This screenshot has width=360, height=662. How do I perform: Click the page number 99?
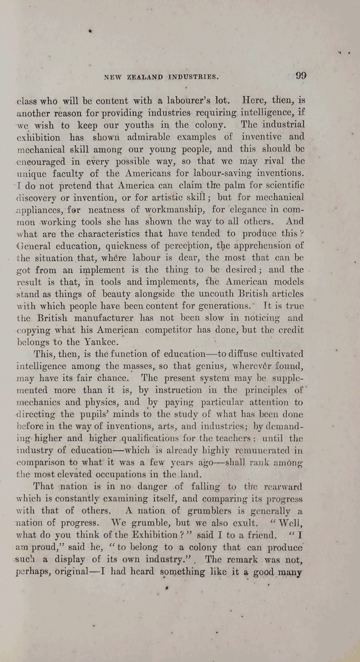pos(301,76)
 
